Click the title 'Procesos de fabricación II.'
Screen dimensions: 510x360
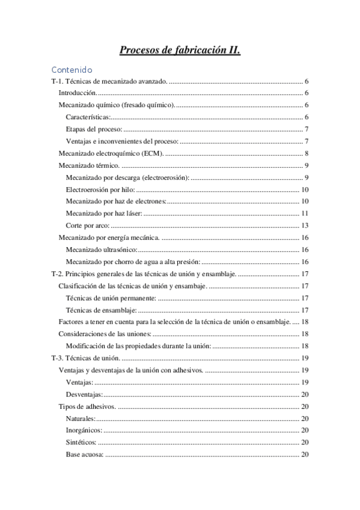(180, 51)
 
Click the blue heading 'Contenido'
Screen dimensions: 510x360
(72, 70)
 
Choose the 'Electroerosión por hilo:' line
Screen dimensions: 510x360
(100, 189)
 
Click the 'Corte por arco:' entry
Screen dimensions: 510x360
(88, 226)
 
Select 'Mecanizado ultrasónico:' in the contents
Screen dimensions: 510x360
(102, 250)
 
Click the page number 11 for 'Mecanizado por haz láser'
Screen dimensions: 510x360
(305, 214)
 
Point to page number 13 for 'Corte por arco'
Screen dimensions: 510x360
(305, 226)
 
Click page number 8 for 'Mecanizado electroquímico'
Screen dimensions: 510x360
(307, 153)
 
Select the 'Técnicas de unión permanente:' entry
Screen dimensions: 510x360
(111, 298)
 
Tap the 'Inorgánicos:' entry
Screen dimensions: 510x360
(84, 430)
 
